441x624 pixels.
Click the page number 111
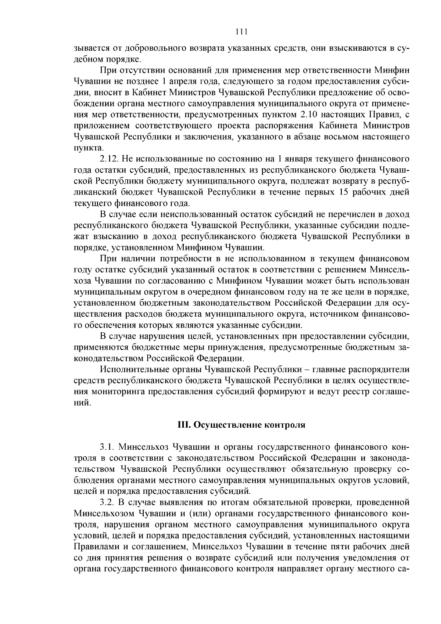click(241, 31)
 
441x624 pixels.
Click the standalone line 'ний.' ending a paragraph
click(82, 403)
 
